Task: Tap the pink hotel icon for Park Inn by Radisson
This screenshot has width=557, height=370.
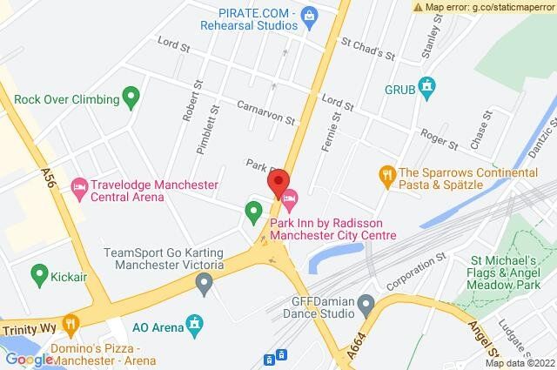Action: point(291,197)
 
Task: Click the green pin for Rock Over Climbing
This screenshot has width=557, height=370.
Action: point(131,96)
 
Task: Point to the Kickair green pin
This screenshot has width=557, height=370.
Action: point(38,276)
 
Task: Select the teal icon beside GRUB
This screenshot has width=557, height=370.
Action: point(426,86)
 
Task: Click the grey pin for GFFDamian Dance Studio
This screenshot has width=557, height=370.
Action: point(366,304)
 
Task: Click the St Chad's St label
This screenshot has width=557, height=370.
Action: point(368,47)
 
